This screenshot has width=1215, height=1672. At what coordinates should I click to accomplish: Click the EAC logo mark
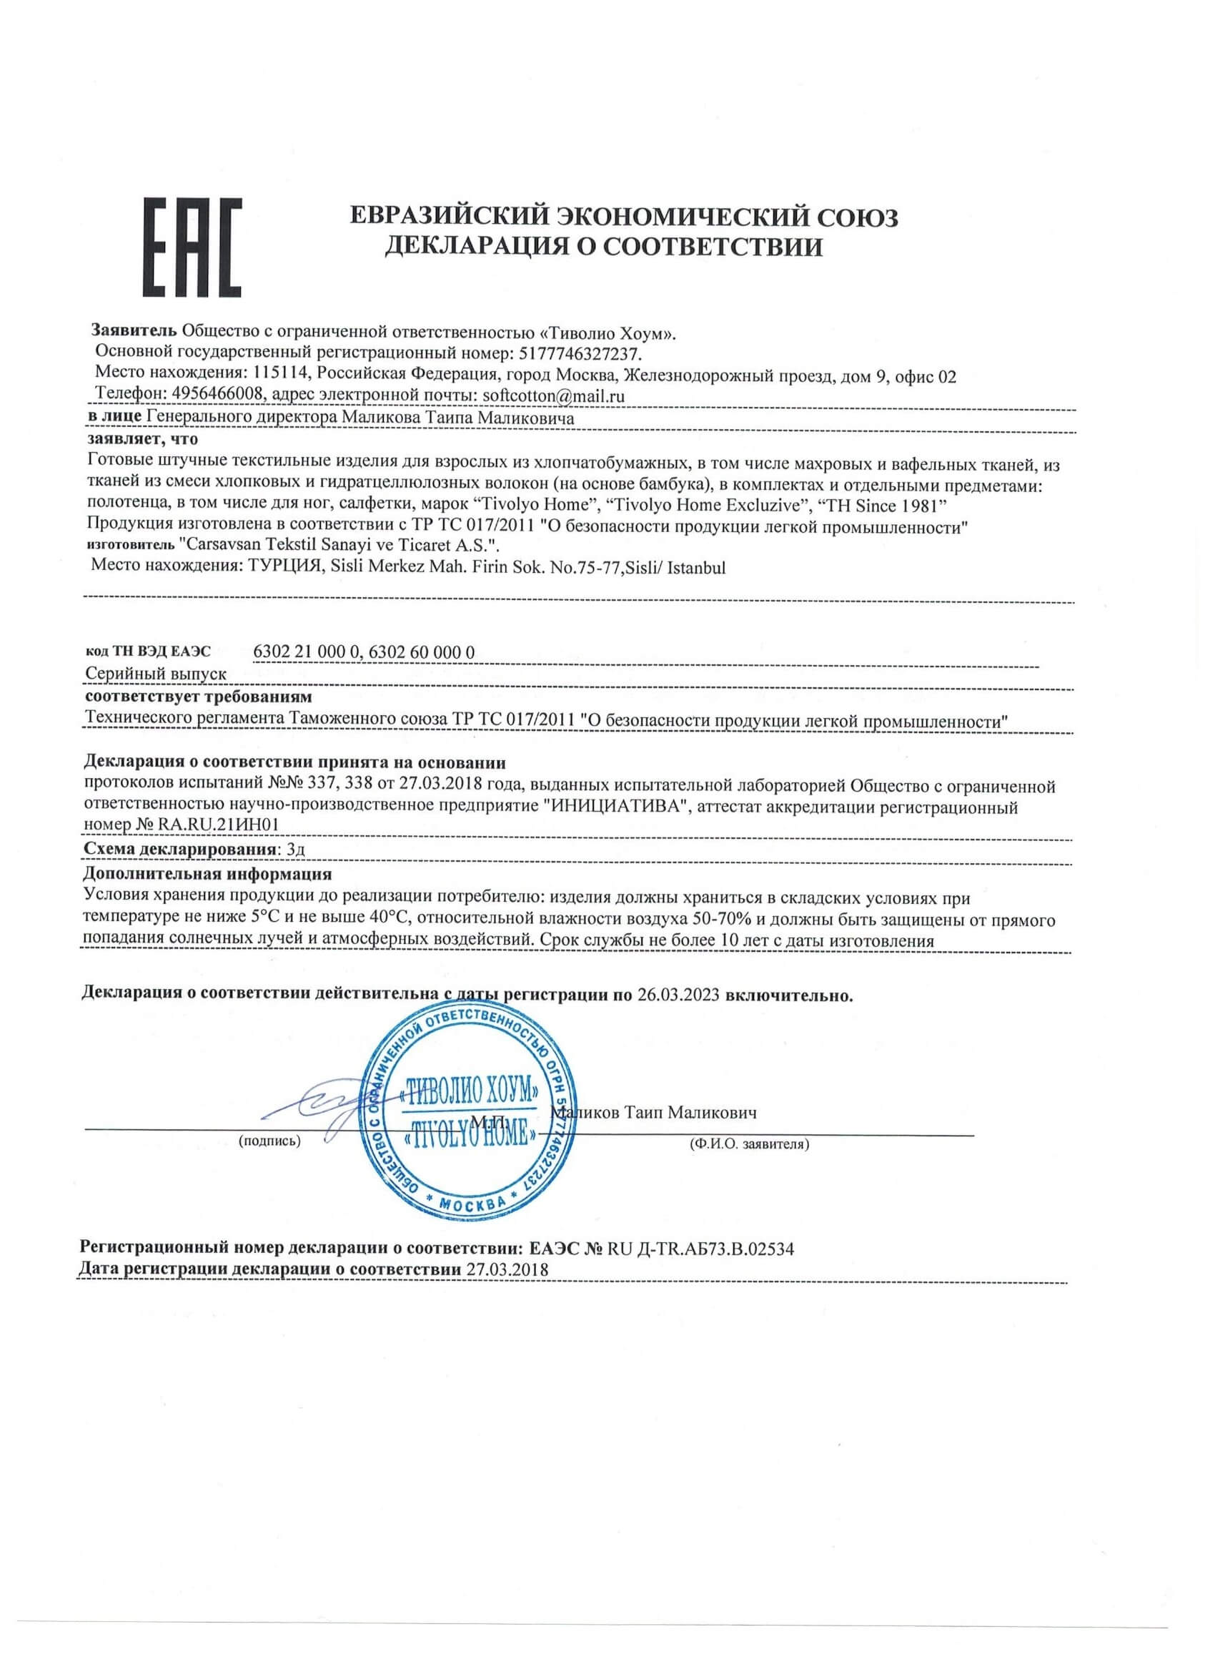click(x=192, y=248)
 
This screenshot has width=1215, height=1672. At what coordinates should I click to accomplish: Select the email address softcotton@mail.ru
click(x=553, y=395)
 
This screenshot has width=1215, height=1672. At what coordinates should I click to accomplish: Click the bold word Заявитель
click(x=133, y=333)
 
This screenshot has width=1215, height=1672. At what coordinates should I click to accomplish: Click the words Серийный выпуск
click(x=157, y=674)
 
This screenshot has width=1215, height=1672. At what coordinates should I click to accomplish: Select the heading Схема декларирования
click(x=181, y=850)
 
